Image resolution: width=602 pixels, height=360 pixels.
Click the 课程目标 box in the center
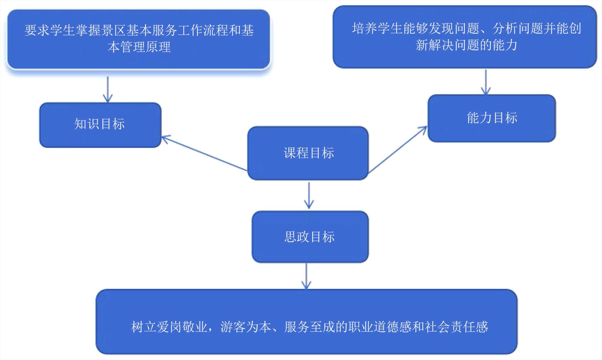[308, 153]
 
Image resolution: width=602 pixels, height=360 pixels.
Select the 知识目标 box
[100, 125]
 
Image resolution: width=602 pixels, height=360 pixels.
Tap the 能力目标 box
[492, 118]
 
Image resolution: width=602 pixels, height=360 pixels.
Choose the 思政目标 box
[310, 237]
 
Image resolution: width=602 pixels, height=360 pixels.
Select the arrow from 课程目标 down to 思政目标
[309, 195]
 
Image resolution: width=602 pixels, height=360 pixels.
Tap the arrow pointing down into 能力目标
[486, 82]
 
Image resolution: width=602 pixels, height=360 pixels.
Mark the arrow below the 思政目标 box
[306, 276]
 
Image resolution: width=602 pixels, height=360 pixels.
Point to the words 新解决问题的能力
[467, 45]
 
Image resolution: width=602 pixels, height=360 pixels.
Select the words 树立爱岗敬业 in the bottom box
[169, 327]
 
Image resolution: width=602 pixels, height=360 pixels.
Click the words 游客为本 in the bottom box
[246, 327]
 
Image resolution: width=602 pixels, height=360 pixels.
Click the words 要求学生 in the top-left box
[50, 30]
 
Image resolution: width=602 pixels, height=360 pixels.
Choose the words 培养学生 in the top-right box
[377, 29]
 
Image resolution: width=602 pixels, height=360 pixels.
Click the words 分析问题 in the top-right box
[518, 29]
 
